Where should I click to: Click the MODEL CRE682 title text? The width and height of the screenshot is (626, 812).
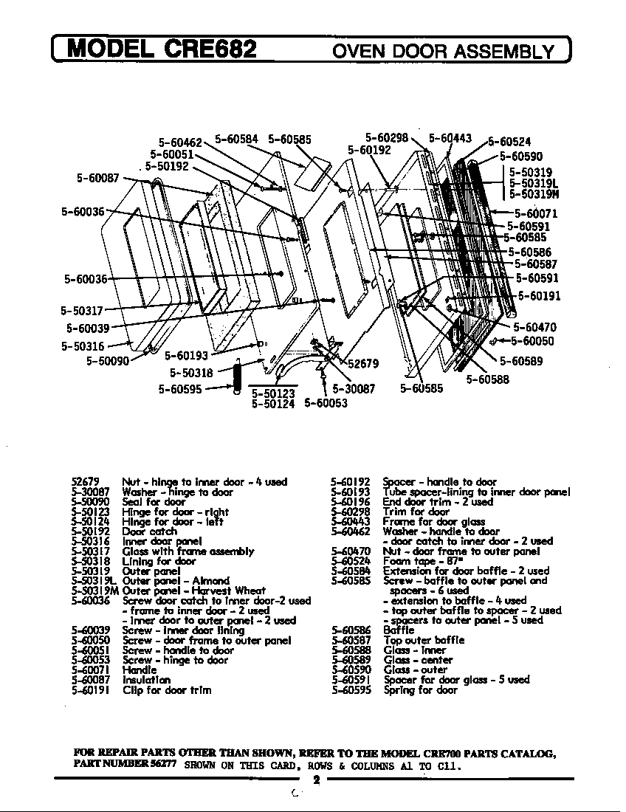click(162, 49)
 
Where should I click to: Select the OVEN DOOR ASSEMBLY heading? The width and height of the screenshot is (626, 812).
click(443, 51)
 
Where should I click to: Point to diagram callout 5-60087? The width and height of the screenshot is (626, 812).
click(97, 178)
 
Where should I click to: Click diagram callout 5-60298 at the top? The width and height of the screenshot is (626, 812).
click(387, 137)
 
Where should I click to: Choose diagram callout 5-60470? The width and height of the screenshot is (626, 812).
click(535, 327)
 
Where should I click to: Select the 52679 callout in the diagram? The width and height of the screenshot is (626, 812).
click(363, 363)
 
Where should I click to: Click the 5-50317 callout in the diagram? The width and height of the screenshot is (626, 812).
click(82, 311)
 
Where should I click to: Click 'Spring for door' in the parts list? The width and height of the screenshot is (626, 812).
click(419, 690)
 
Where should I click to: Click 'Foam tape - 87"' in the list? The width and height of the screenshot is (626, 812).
click(419, 561)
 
